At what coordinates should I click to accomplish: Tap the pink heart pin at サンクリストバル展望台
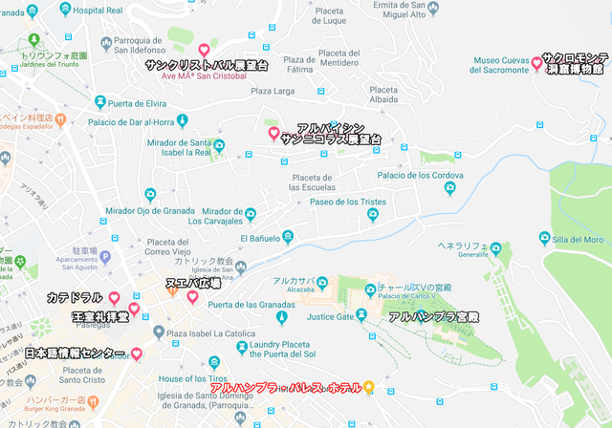203,50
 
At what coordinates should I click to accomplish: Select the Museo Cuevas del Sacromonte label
501,65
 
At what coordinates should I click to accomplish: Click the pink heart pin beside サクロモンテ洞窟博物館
536,63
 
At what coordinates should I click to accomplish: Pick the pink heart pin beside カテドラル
115,298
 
